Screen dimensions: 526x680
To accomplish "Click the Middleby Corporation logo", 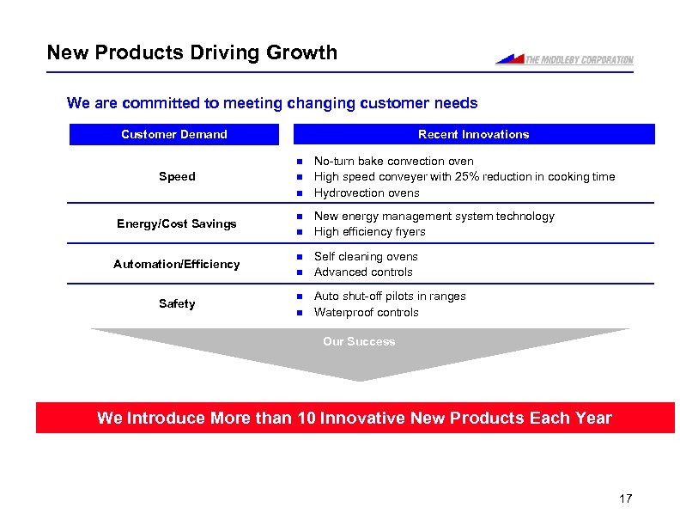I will click(x=564, y=59).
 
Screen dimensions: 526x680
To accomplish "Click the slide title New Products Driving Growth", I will click(x=192, y=52).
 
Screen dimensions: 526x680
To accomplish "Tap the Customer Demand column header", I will click(x=174, y=134).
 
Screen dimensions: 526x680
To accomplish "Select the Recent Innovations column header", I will click(x=473, y=134).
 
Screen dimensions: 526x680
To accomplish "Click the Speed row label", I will click(x=177, y=176).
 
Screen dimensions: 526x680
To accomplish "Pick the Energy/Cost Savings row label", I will click(x=177, y=223).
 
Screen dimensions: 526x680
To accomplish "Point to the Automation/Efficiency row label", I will click(x=177, y=264).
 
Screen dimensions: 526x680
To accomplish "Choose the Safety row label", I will click(x=177, y=303).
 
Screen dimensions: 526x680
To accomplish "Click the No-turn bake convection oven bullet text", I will click(x=393, y=161).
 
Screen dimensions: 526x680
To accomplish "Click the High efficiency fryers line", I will click(x=369, y=231).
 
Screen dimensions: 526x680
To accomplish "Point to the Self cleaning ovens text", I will click(x=366, y=256).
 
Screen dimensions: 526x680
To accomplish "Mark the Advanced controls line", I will click(x=363, y=272).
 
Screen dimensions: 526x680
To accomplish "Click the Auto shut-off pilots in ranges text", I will click(x=390, y=296).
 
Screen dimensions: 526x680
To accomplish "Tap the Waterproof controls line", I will click(x=366, y=312).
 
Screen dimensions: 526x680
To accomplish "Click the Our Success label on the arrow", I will click(x=359, y=341).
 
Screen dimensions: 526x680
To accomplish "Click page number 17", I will click(x=624, y=499).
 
